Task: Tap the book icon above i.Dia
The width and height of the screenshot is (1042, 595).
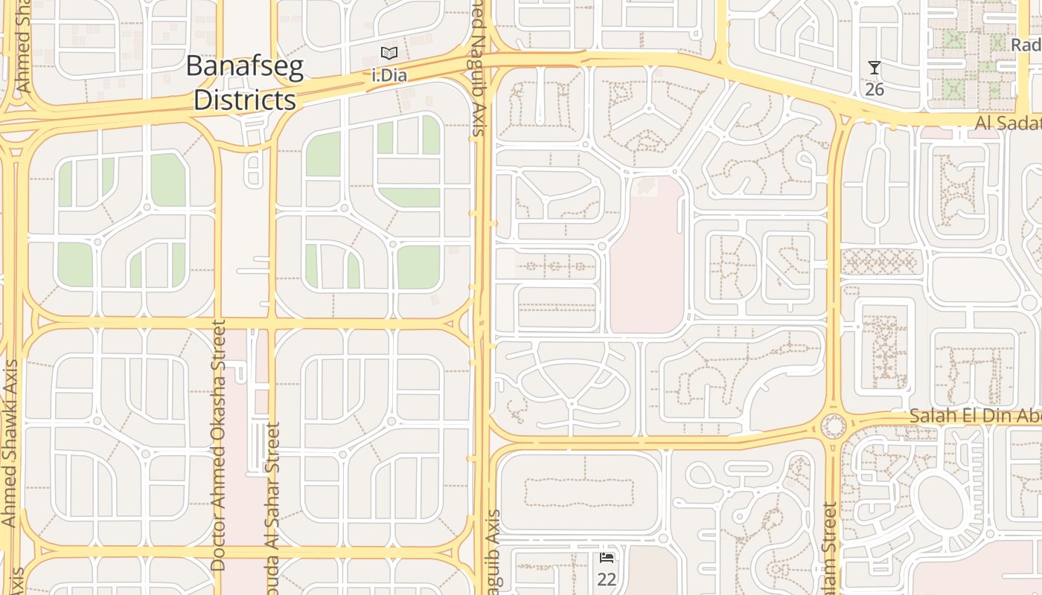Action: (389, 53)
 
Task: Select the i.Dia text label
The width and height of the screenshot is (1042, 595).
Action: (389, 75)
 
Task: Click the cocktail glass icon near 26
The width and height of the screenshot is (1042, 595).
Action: (875, 68)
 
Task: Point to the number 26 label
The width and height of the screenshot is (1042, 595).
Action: (875, 89)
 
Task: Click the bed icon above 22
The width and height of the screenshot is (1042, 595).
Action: (607, 558)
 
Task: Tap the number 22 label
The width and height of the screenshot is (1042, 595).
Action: (607, 579)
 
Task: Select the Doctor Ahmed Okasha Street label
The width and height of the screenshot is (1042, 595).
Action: (217, 445)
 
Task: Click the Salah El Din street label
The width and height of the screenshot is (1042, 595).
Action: (975, 416)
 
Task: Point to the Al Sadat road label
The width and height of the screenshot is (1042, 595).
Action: (1008, 123)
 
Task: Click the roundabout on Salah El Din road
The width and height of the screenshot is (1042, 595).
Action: (833, 426)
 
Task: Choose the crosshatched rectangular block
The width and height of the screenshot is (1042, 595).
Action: (881, 261)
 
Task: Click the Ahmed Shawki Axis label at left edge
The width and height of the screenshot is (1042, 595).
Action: (10, 443)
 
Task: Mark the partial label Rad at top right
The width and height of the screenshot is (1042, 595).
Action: (1026, 45)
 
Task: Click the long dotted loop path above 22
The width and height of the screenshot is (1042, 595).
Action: (580, 492)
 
